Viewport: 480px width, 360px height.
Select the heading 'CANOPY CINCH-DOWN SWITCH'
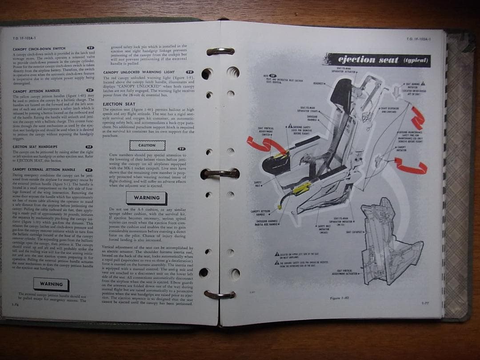pos(39,48)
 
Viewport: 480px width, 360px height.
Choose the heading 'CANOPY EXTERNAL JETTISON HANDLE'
pos(44,169)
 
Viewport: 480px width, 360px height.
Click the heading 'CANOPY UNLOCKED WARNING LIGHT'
pos(140,72)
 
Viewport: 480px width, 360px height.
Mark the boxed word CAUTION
pos(147,145)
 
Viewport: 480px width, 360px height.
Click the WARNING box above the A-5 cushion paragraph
pos(147,198)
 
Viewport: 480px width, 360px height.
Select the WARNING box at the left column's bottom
pos(51,284)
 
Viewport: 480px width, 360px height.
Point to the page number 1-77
pos(426,303)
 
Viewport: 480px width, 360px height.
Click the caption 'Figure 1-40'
pos(340,298)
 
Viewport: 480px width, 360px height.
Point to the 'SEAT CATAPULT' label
pos(355,232)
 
